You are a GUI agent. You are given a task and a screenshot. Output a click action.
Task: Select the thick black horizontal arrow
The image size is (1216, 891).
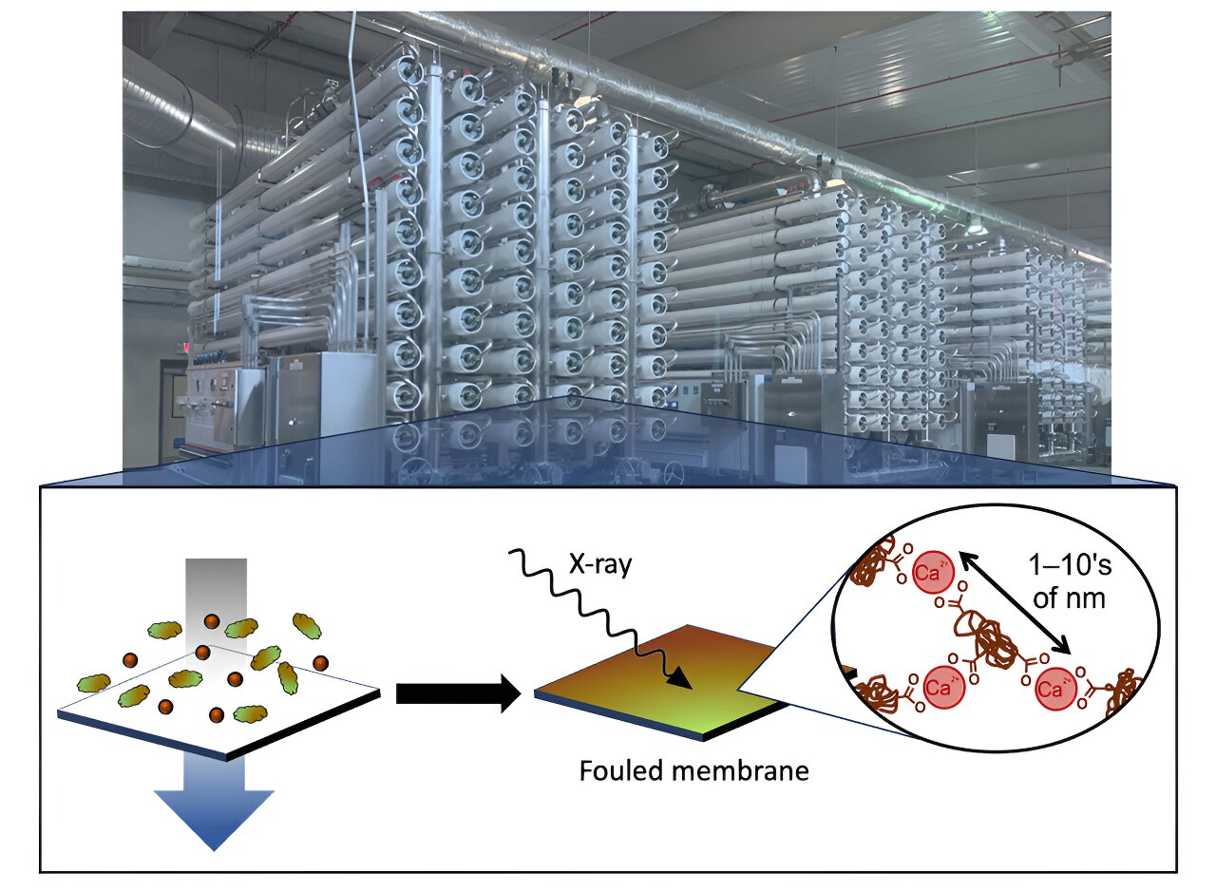(457, 694)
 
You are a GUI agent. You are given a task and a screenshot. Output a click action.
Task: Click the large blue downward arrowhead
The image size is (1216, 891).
(214, 818)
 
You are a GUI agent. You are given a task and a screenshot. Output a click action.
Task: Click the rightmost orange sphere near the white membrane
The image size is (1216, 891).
(321, 661)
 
